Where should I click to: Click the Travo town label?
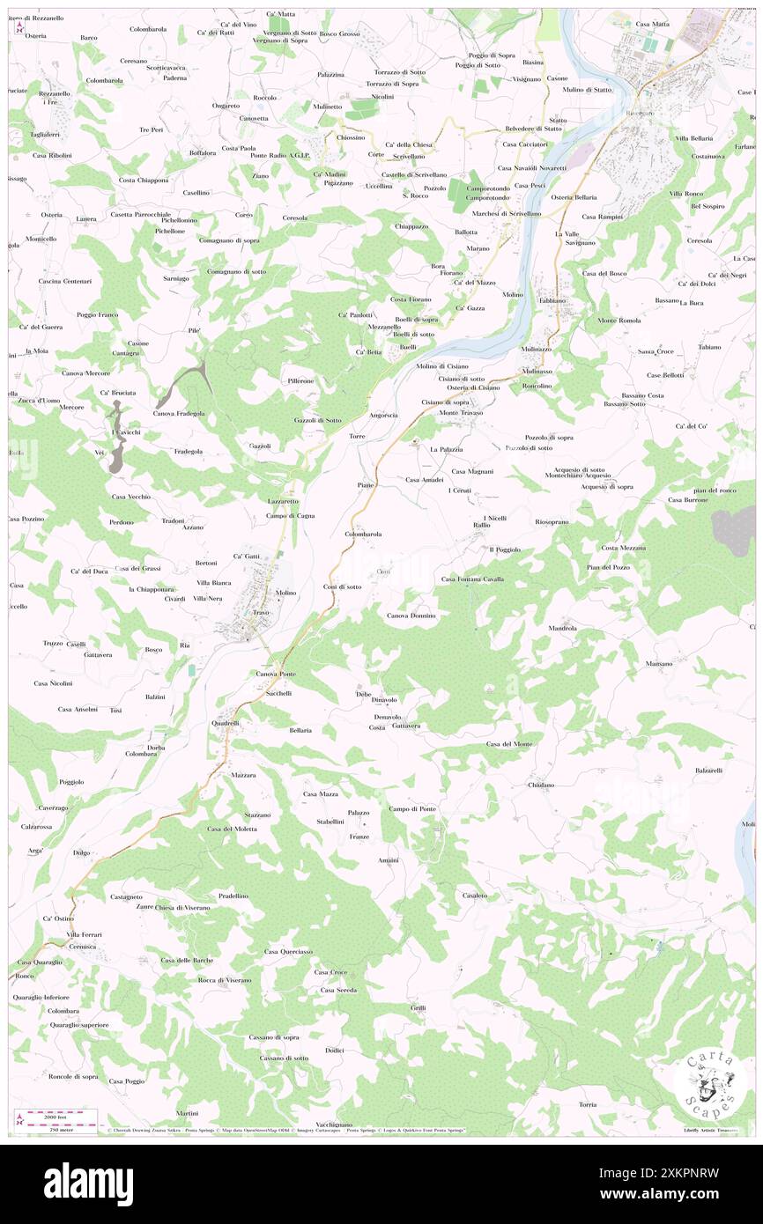pos(260,611)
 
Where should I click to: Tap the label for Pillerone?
pos(300,380)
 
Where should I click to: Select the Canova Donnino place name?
pos(411,615)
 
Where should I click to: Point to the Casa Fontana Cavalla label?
pos(472,579)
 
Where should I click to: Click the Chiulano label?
pos(541,784)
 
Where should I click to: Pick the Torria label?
pos(588,1104)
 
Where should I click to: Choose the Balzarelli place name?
pos(708,770)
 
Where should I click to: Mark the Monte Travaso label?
pos(462,413)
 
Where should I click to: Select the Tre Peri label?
pos(151,129)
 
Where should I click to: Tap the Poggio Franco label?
pos(97,314)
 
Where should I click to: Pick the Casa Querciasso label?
pos(288,951)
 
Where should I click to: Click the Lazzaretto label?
pos(283,500)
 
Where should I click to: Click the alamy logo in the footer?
pos(88,1183)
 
